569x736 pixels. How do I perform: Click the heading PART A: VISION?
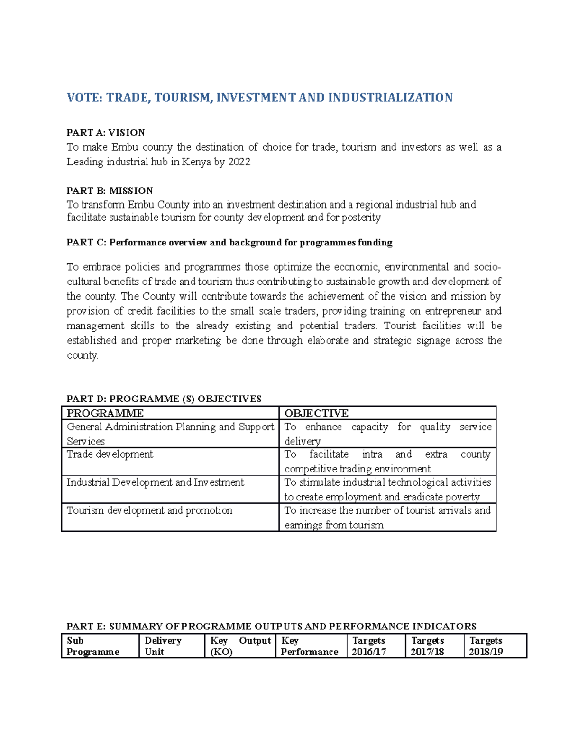[106, 132]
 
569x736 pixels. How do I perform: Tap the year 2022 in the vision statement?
[239, 162]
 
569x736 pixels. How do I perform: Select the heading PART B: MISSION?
[110, 191]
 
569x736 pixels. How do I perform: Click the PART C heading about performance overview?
[229, 243]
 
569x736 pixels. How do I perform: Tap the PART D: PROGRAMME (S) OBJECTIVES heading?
[164, 399]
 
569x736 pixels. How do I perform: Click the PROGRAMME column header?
[105, 413]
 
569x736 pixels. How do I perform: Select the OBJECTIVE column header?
[316, 413]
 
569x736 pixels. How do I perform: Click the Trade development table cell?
[110, 454]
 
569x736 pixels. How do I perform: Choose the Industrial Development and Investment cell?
[155, 482]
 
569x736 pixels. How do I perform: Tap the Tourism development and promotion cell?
[149, 510]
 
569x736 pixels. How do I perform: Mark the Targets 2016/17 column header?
[369, 646]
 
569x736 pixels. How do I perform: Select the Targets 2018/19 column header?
[486, 646]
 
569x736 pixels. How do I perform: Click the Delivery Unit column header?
[163, 646]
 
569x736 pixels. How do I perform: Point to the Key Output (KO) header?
[240, 646]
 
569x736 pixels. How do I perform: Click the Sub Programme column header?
[93, 646]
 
